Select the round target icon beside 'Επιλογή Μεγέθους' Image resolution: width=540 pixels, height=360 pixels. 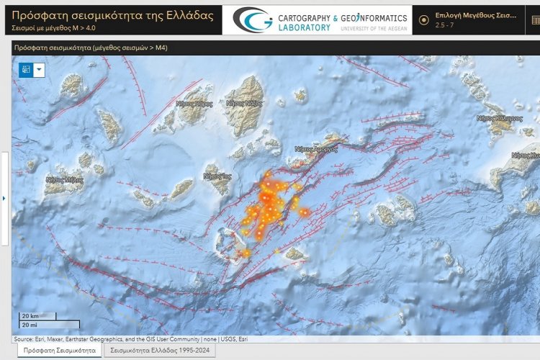tap(424, 19)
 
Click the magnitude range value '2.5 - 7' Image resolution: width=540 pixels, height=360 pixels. tap(445, 25)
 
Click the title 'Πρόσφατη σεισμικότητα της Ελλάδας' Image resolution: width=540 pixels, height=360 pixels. tap(113, 15)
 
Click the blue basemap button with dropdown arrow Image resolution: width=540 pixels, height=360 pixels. tap(32, 69)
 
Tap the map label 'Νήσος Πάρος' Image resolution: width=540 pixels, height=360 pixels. tap(194, 104)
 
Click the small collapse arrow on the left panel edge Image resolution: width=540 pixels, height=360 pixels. tap(4, 198)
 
